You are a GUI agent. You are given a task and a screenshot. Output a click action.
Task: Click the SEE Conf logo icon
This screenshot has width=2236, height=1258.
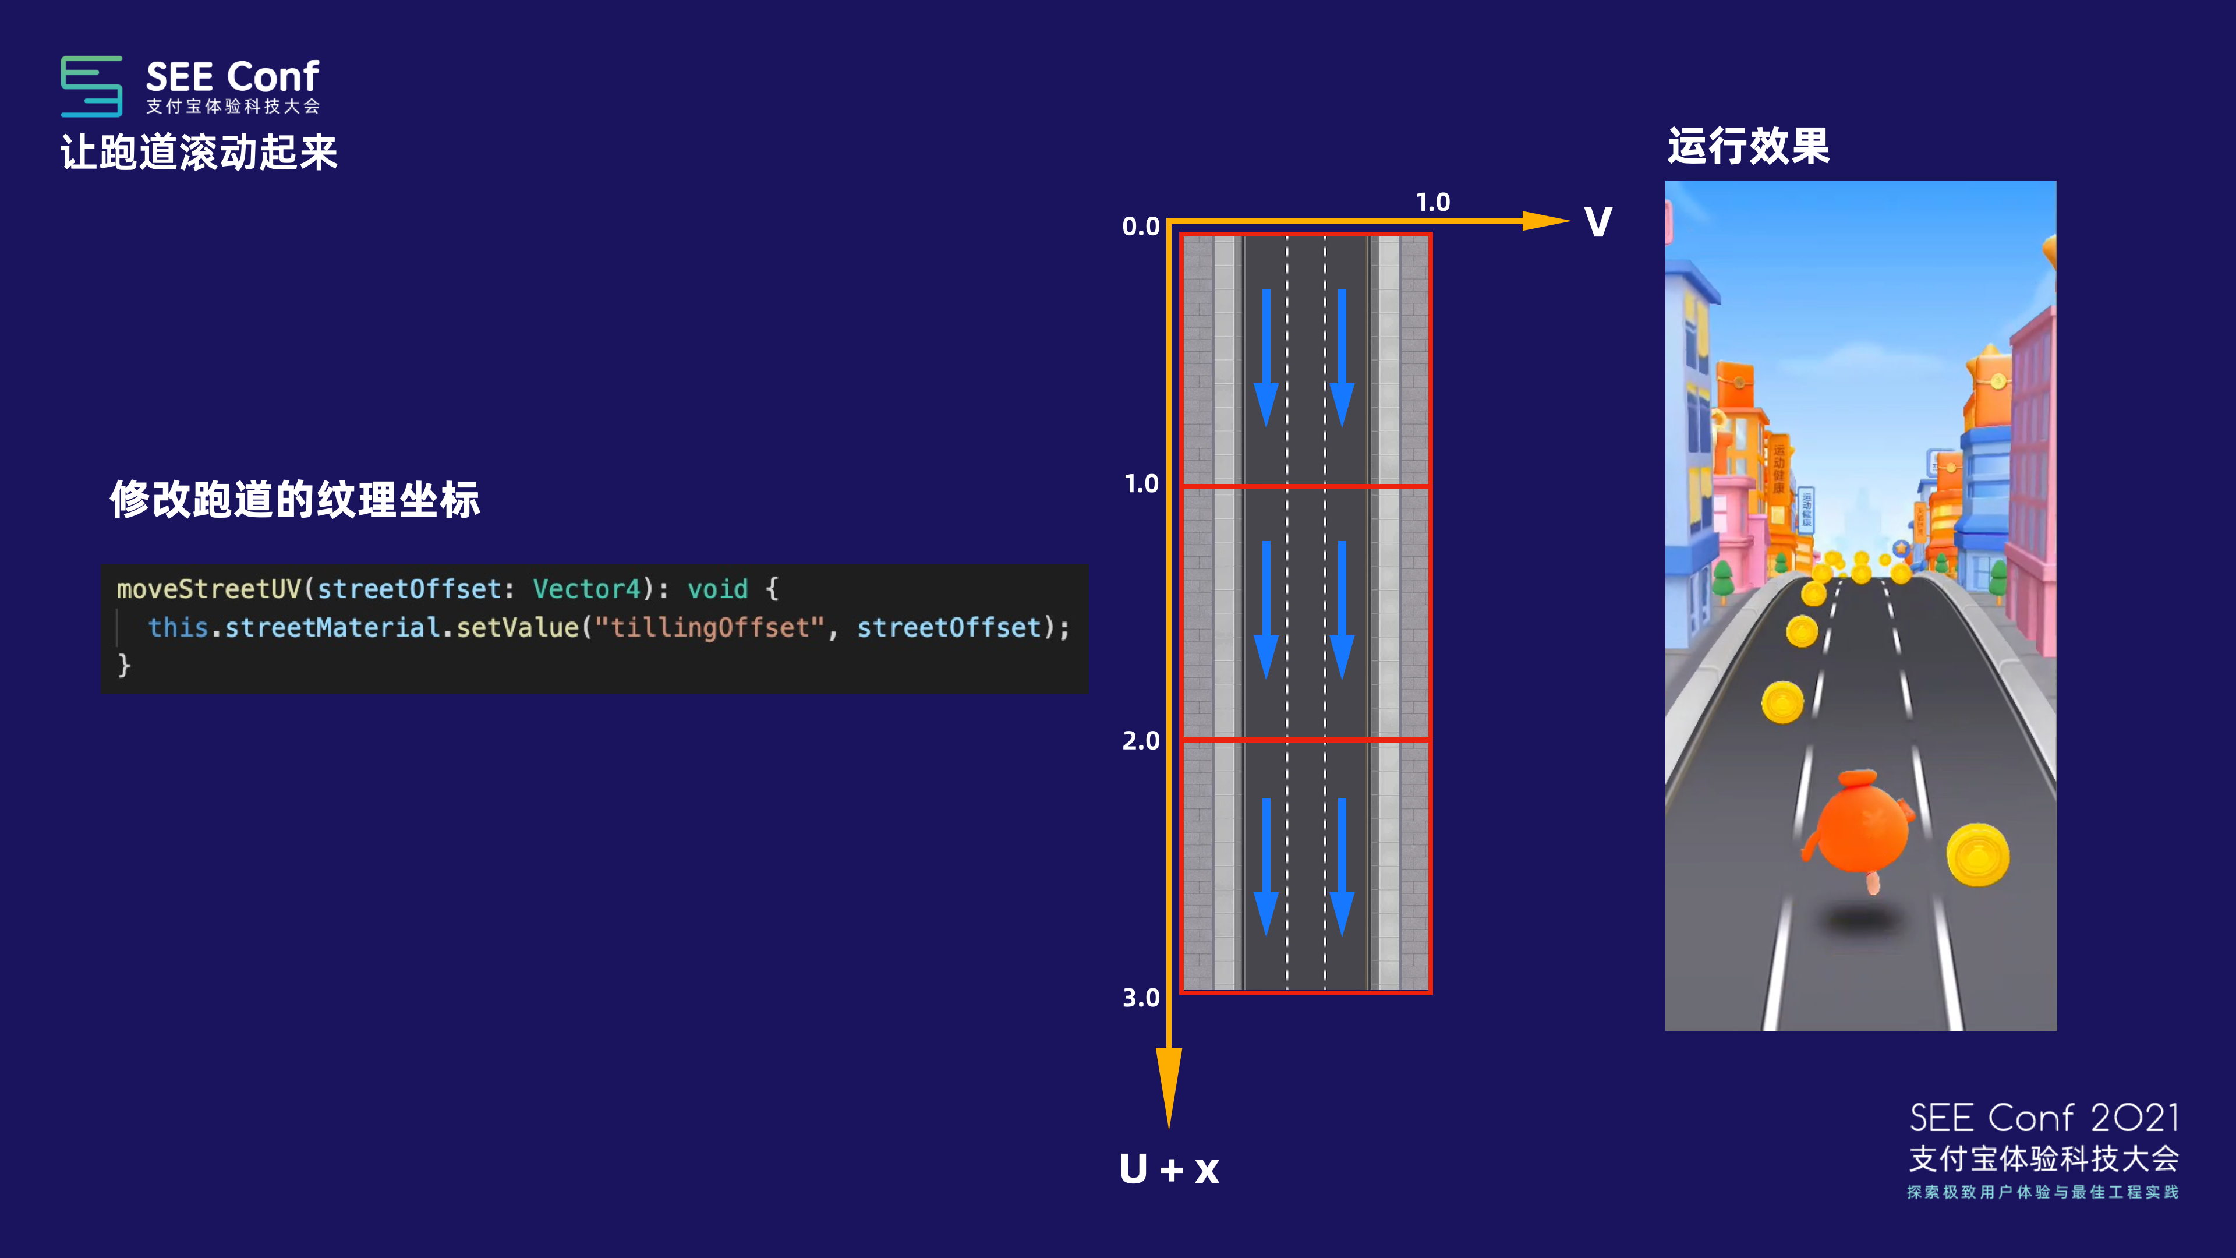pos(91,86)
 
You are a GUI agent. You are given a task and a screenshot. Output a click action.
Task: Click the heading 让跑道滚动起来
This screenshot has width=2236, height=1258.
pos(199,153)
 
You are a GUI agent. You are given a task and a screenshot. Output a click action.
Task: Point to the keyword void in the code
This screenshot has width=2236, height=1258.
pos(717,589)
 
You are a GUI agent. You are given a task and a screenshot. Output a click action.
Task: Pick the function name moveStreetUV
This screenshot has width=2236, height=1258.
pos(208,589)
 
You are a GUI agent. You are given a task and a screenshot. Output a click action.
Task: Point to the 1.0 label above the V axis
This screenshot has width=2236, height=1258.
pos(1433,202)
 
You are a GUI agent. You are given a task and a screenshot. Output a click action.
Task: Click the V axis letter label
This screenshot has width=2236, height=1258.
pos(1598,222)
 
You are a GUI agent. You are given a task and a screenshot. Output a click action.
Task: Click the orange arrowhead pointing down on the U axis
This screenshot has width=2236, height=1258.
pos(1168,1085)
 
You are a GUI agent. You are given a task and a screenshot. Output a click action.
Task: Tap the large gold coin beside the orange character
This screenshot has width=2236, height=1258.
pos(1977,854)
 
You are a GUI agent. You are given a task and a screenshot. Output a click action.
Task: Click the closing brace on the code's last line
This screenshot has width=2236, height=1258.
pos(124,665)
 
